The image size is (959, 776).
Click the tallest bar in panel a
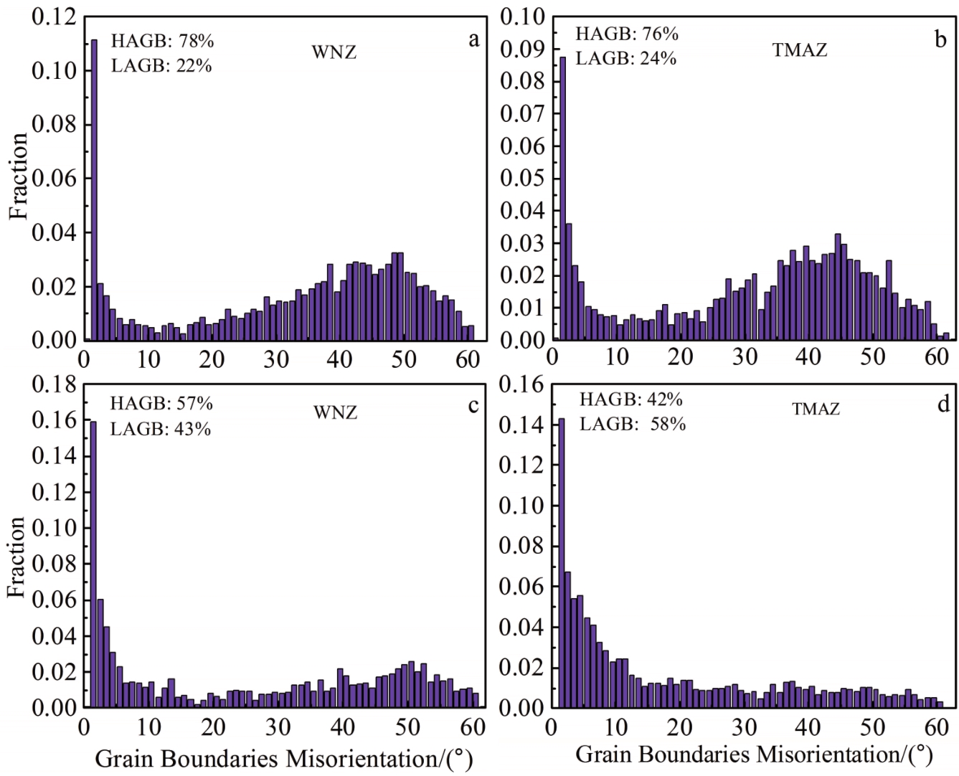(93, 190)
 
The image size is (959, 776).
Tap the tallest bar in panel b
(562, 198)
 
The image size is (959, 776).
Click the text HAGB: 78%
(162, 41)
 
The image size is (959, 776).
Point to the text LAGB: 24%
(626, 58)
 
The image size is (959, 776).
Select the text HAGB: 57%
(161, 403)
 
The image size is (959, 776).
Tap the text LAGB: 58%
(633, 424)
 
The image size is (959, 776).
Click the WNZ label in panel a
(334, 52)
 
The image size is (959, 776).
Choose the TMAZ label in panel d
(816, 409)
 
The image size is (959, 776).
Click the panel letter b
(940, 39)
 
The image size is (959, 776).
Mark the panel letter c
(473, 406)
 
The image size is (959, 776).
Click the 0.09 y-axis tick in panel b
(522, 49)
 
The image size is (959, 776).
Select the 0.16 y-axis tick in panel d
(521, 384)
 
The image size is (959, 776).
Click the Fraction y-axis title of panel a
(19, 176)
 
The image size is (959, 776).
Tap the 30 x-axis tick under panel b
(745, 356)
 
